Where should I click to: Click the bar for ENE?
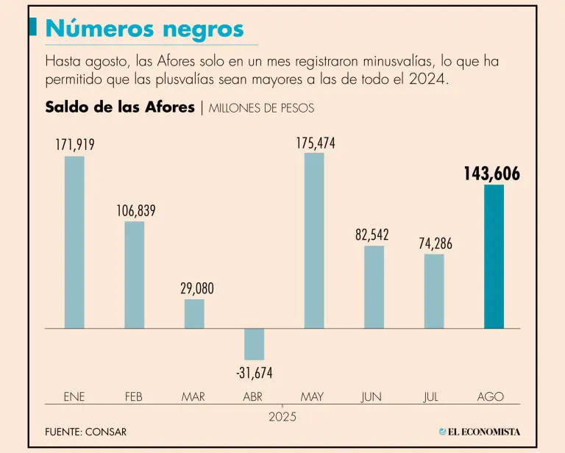[x=74, y=242]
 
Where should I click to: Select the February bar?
[x=135, y=274]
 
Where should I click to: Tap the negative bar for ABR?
[x=254, y=344]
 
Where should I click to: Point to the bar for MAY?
[x=314, y=240]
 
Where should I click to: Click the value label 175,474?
[x=316, y=143]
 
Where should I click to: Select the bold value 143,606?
[x=491, y=174]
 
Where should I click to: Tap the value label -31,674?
[x=255, y=374]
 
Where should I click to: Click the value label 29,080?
[x=197, y=289]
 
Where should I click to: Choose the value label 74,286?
[x=436, y=244]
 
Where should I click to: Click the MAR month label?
[x=193, y=396]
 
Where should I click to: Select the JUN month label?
[x=372, y=396]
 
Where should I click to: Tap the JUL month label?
[x=431, y=396]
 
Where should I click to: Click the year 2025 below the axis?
[x=283, y=416]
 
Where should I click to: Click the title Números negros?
[x=144, y=29]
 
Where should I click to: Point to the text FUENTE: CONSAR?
[x=85, y=432]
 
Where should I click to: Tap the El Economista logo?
[x=479, y=432]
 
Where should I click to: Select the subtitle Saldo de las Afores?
[x=119, y=107]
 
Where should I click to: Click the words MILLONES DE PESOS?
[x=261, y=108]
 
